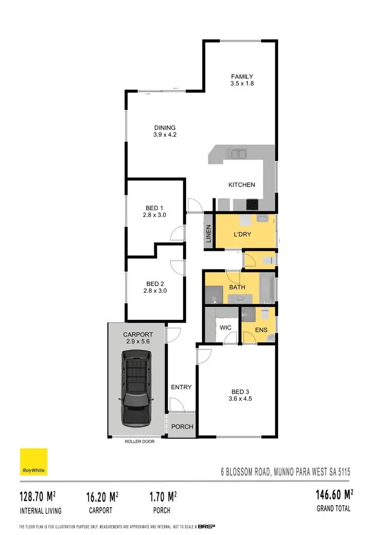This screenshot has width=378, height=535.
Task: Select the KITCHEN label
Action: [x=242, y=185]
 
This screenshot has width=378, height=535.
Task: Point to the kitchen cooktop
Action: [x=252, y=204]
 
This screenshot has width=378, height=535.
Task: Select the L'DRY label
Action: [x=242, y=235]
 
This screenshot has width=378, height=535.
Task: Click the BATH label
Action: [x=237, y=287]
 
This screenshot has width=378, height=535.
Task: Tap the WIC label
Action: [x=225, y=328]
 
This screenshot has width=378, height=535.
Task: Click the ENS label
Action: [x=261, y=330]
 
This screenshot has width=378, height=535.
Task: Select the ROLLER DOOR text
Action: [x=140, y=441]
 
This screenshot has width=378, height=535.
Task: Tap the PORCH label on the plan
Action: [x=182, y=426]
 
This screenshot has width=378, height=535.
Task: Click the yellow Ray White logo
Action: [x=34, y=462]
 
